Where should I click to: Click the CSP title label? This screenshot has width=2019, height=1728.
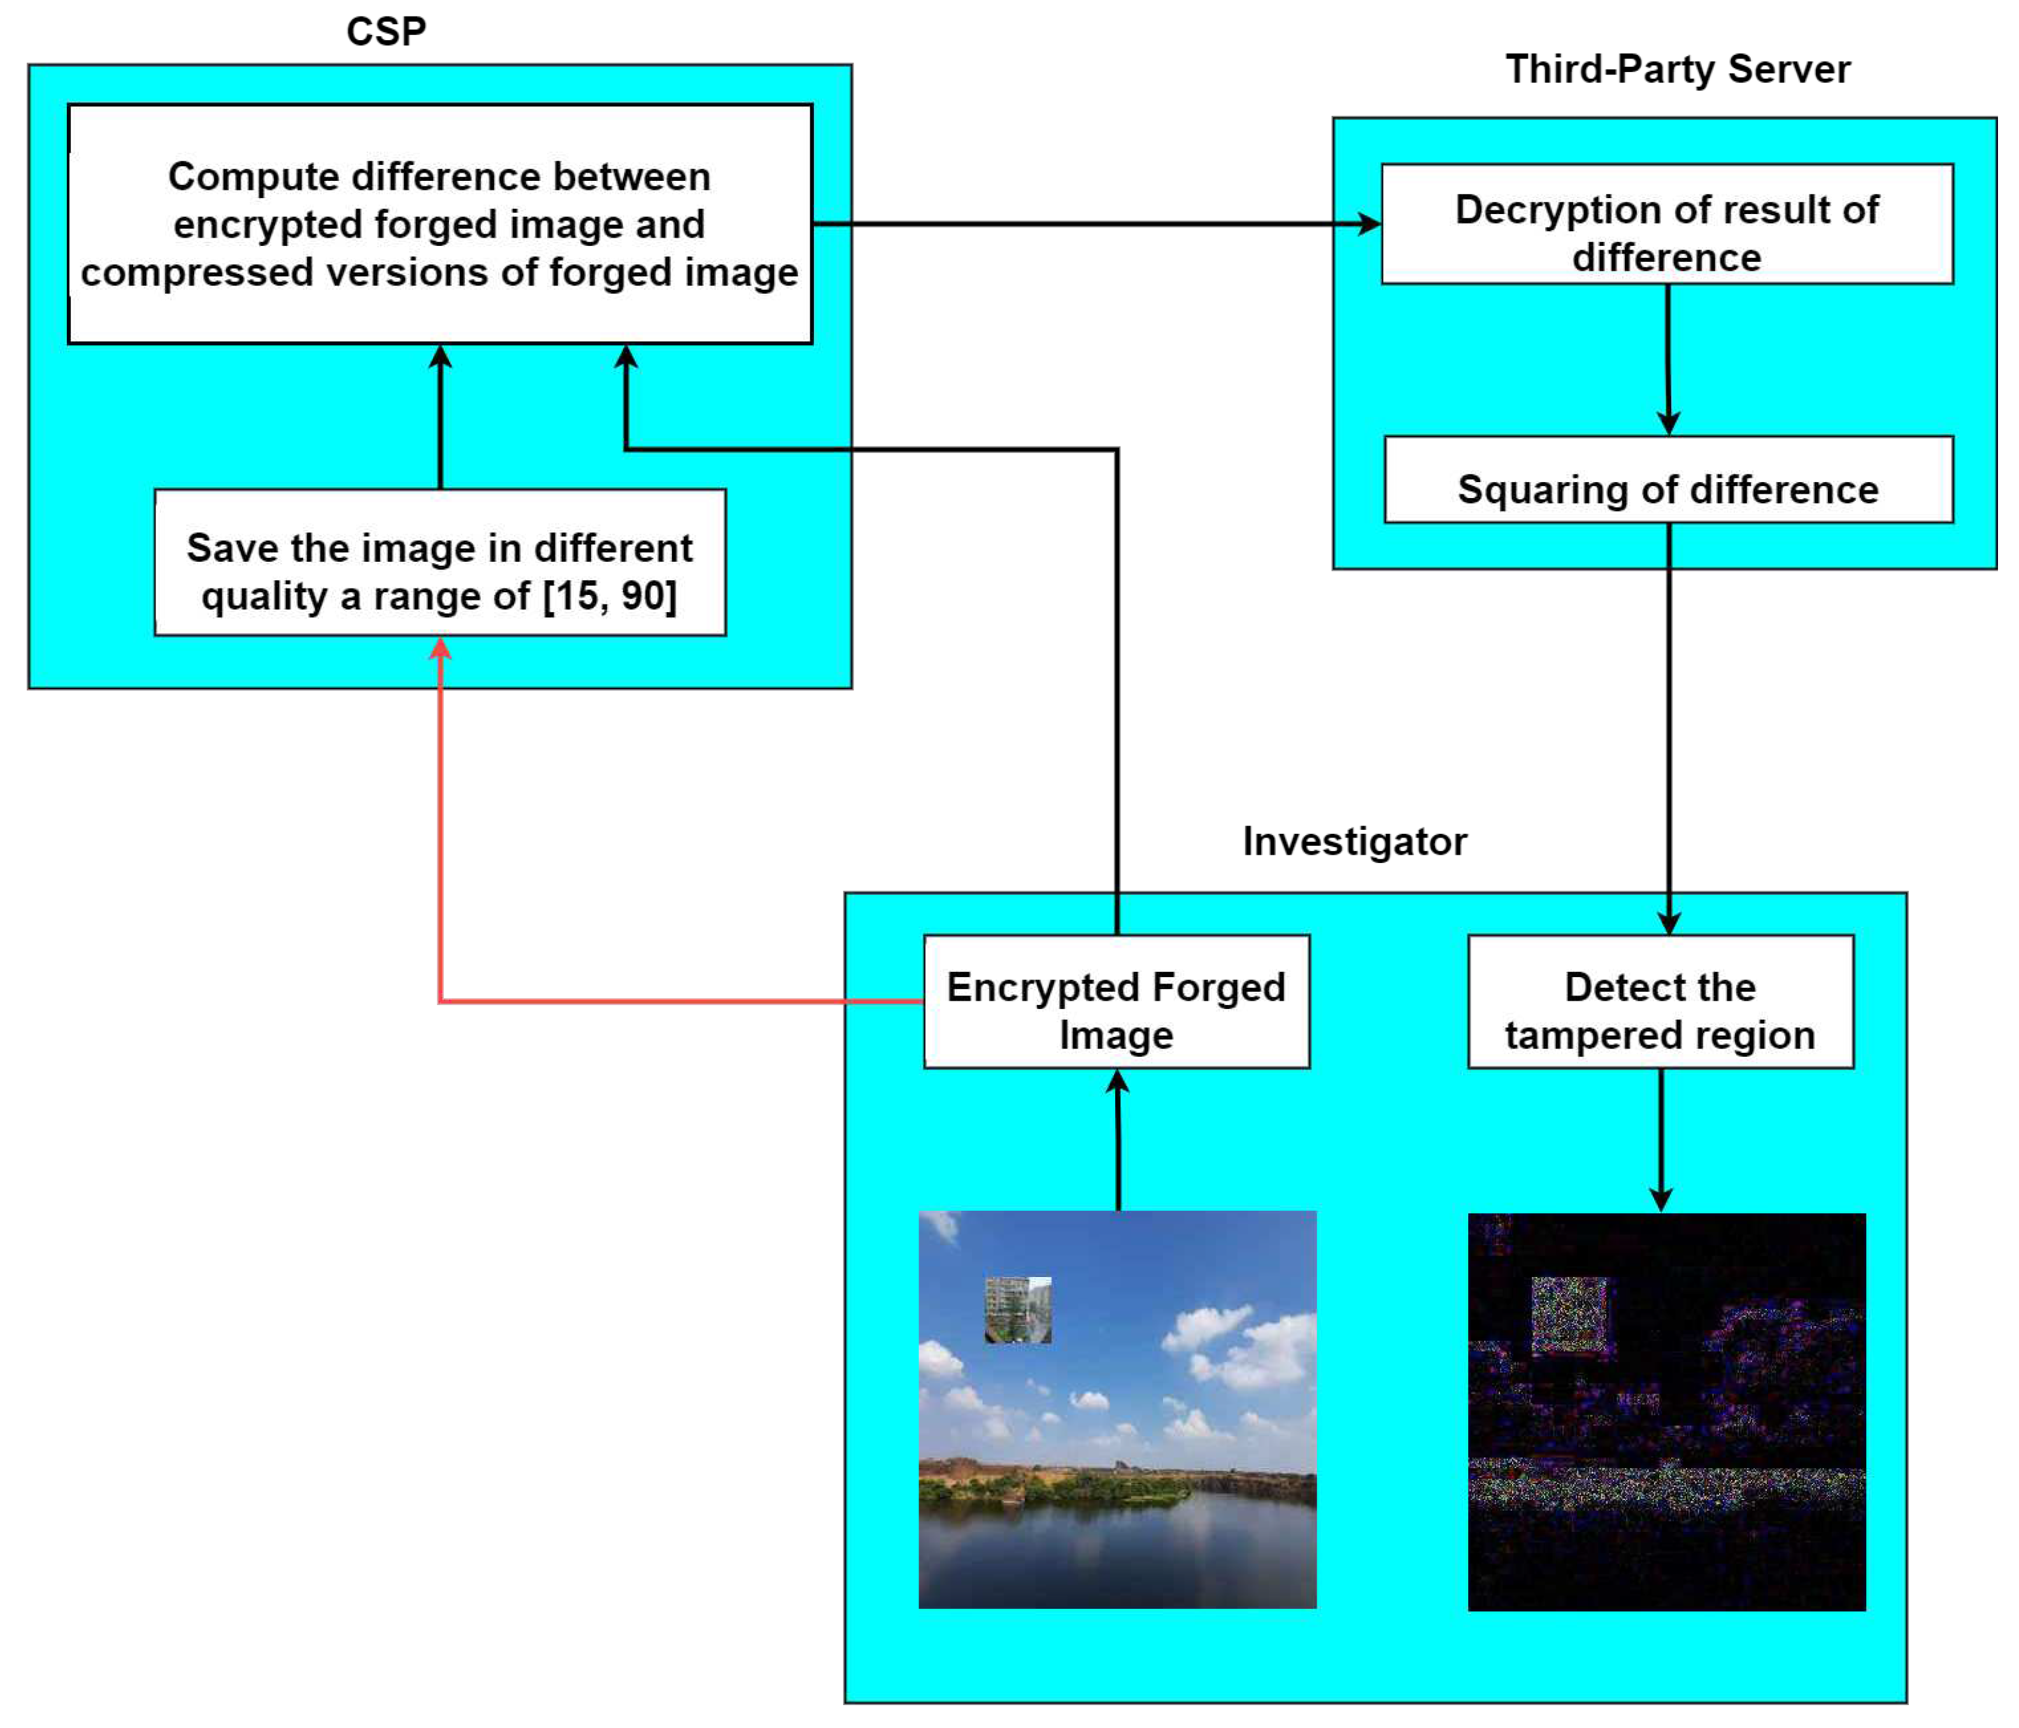pos(386,31)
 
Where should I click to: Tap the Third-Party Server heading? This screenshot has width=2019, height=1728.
pos(1677,69)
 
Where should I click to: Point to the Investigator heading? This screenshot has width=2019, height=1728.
pos(1355,841)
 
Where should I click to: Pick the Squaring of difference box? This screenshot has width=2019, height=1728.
pos(1668,480)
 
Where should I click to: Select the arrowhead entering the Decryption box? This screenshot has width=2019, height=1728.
pos(1369,224)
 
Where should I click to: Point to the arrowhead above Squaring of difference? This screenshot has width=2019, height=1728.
pos(1668,423)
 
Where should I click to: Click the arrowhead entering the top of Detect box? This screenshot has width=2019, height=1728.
pos(1669,922)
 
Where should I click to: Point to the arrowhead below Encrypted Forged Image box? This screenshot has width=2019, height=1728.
pos(1118,1082)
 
